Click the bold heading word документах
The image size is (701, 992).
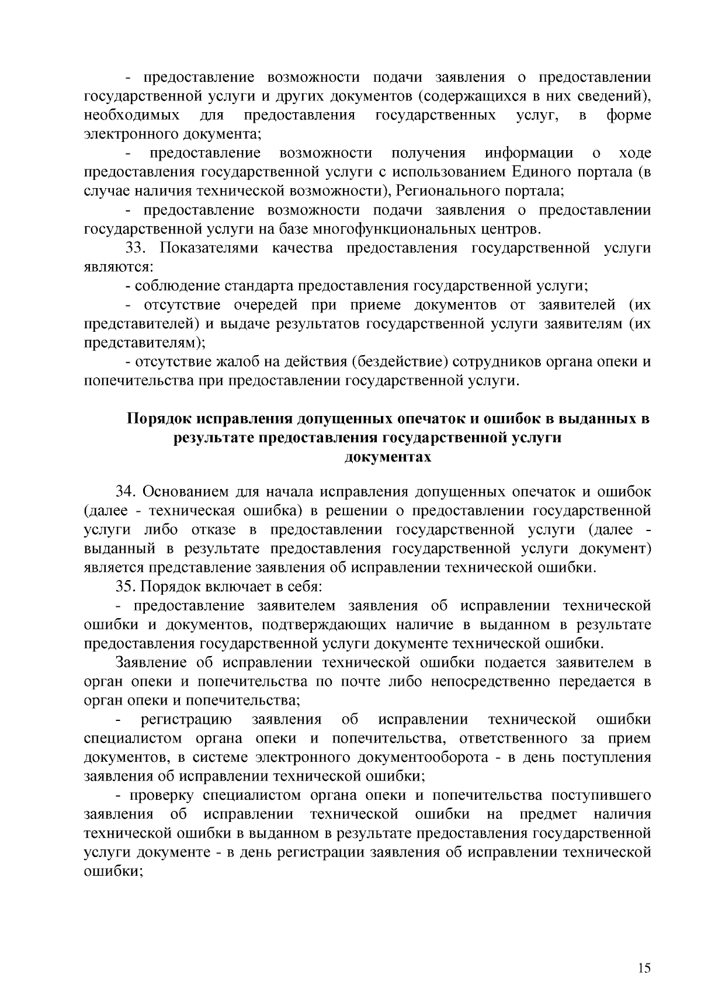(388, 457)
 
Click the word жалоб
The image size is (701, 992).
(218, 362)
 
